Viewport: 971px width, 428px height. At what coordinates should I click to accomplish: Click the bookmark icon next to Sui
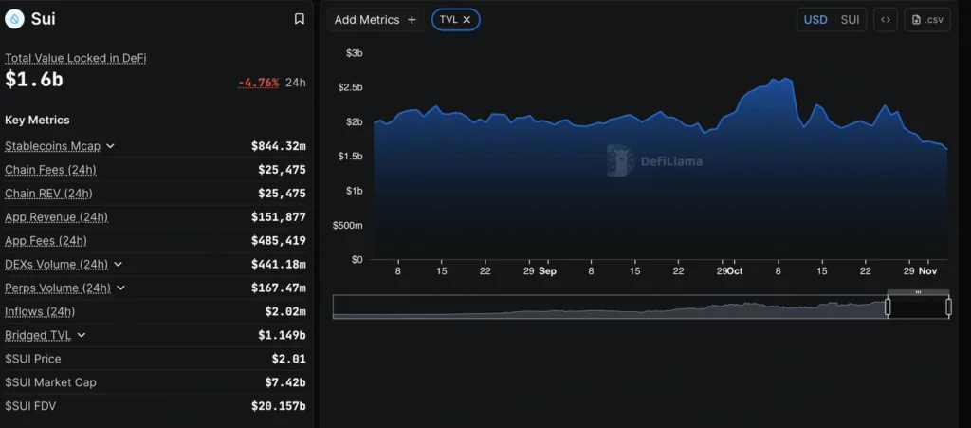pos(300,19)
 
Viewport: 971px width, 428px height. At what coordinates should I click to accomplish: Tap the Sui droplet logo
pos(14,19)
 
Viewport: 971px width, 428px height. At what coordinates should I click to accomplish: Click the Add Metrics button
pos(375,20)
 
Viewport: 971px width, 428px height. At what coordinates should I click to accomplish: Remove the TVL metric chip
pos(467,20)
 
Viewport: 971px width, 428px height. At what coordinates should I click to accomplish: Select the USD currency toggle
pos(815,20)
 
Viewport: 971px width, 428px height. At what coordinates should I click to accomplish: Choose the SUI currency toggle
pos(850,20)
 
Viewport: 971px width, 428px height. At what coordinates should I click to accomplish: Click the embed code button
pos(886,20)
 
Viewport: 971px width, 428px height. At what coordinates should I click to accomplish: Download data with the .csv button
pos(927,20)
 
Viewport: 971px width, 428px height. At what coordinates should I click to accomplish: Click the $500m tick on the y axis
pos(347,225)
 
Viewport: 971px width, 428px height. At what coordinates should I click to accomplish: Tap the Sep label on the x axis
pos(547,271)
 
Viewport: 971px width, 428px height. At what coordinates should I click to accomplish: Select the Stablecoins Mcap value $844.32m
pos(278,146)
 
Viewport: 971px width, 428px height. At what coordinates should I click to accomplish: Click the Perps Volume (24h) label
pos(57,288)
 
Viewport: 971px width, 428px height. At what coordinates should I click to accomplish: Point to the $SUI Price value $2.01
pos(288,359)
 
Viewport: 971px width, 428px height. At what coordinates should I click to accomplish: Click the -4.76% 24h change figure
pos(258,83)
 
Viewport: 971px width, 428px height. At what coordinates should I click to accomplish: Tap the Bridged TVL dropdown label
pos(39,335)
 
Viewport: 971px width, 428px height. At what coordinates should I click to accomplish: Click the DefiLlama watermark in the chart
pos(655,161)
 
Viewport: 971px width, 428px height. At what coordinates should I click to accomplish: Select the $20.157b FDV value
pos(279,406)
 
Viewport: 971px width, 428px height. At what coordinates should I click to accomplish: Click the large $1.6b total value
pos(34,81)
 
